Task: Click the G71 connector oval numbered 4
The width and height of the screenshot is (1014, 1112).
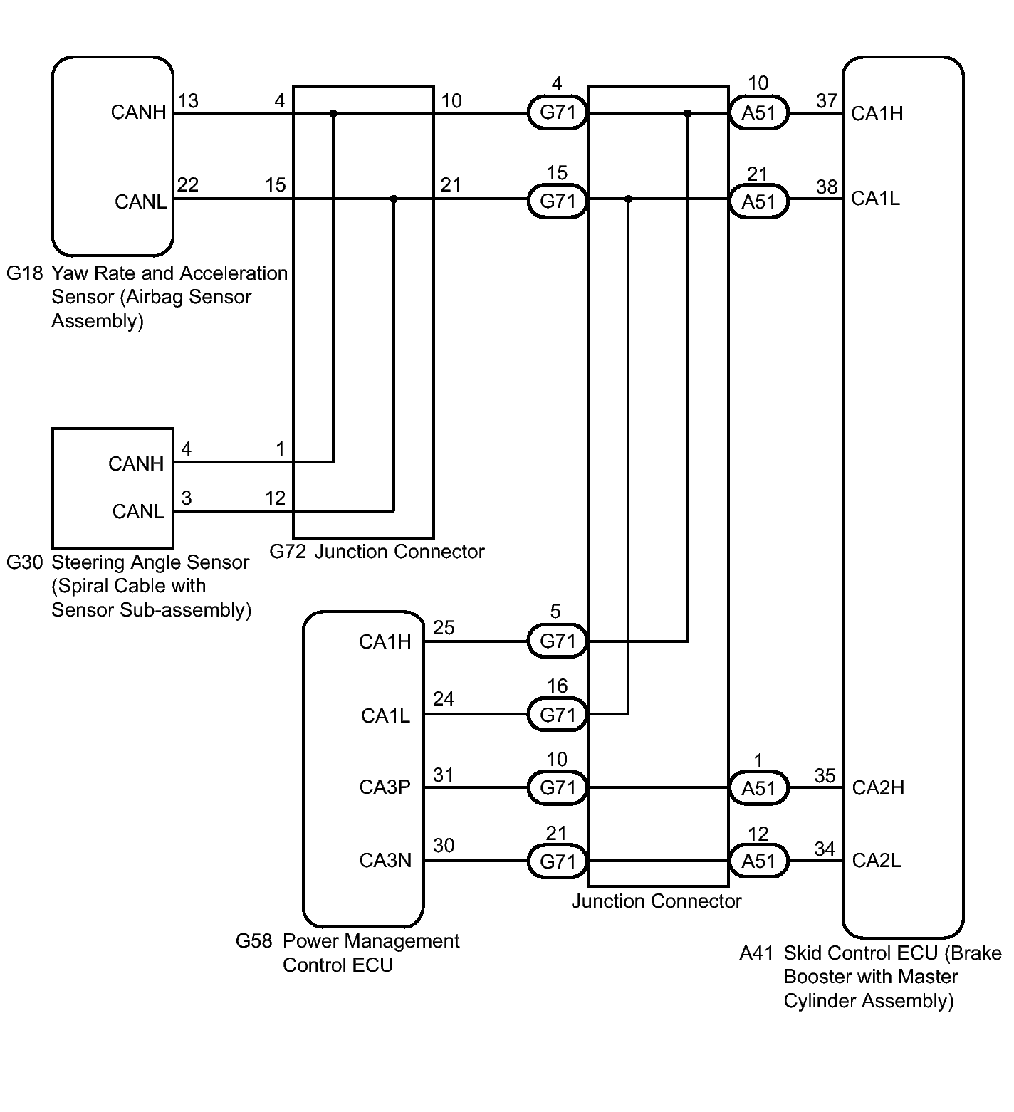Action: point(558,112)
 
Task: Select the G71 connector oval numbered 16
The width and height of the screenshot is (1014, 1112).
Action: point(558,714)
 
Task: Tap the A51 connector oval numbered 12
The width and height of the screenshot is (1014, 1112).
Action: point(758,861)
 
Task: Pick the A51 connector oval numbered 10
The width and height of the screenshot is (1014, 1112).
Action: point(758,112)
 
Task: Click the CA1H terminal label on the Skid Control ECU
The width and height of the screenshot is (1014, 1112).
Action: point(877,114)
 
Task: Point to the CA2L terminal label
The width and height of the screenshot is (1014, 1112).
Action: point(877,861)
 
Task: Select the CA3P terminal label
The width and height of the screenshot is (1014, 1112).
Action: point(385,787)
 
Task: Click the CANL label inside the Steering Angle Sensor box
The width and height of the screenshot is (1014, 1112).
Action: point(138,511)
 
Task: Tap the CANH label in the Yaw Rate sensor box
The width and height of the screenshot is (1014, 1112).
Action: point(139,112)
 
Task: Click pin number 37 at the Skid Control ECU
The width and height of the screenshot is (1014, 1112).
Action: point(827,101)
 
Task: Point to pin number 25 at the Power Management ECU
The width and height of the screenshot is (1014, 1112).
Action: point(444,628)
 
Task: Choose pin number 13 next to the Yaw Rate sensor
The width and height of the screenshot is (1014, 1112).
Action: point(188,101)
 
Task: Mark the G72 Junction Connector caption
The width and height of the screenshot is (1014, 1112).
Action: point(377,552)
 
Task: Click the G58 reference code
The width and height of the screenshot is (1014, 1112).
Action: point(254,941)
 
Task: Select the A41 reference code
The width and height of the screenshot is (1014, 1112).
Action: point(757,953)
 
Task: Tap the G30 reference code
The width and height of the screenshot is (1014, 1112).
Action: point(25,562)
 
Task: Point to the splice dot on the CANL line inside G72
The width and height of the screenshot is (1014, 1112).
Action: point(394,199)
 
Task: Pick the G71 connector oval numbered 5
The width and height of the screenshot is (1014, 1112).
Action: point(558,641)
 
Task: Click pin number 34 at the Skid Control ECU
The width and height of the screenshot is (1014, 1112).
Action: point(825,849)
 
